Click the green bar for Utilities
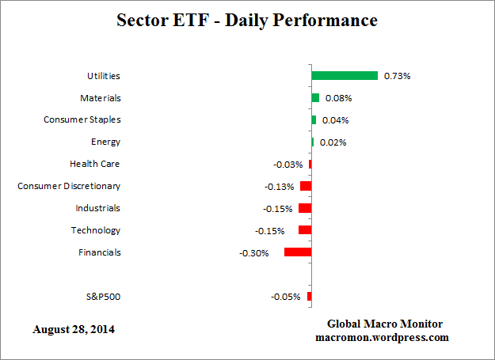click(x=345, y=76)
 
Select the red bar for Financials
click(x=298, y=252)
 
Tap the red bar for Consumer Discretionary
click(x=306, y=186)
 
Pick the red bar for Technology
click(x=305, y=230)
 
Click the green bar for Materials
click(x=315, y=98)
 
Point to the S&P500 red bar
click(x=309, y=297)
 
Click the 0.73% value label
click(x=397, y=76)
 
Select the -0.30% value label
click(x=254, y=253)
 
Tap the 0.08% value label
click(x=338, y=98)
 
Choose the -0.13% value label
click(x=280, y=187)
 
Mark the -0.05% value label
click(x=286, y=297)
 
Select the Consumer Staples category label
click(x=82, y=119)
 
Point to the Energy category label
click(x=105, y=142)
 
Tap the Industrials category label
click(x=97, y=208)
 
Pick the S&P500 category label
click(x=103, y=297)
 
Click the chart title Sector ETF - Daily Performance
click(x=248, y=20)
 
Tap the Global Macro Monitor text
click(x=384, y=324)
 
